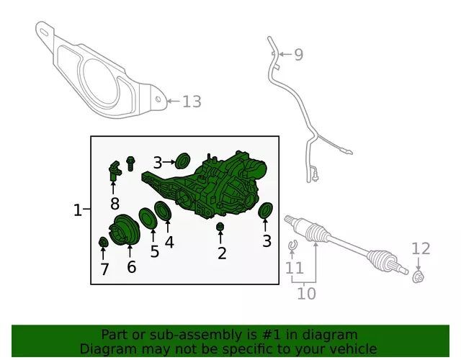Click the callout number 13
click(192, 102)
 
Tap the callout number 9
click(299, 55)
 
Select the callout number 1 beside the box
click(77, 210)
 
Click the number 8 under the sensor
click(115, 203)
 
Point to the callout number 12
click(421, 248)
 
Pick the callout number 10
click(306, 294)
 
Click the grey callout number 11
click(295, 268)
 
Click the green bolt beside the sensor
click(130, 163)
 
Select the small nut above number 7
click(102, 242)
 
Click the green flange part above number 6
click(124, 230)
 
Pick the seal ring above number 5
click(148, 217)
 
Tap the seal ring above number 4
click(163, 211)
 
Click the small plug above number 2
click(220, 227)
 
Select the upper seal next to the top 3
click(182, 161)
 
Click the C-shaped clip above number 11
click(292, 245)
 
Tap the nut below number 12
click(418, 276)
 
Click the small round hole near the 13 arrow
click(158, 99)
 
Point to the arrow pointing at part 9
click(285, 55)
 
